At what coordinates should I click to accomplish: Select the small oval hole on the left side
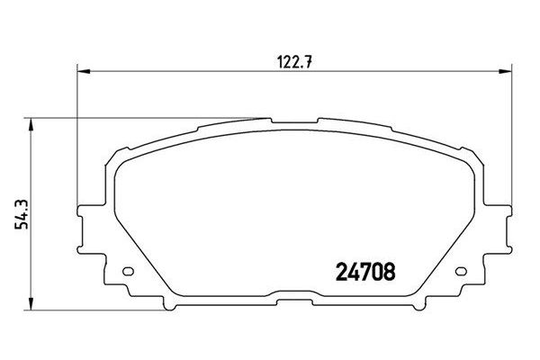127,273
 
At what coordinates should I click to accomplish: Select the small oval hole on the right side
463,273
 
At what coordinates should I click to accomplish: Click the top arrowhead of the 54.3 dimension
34,121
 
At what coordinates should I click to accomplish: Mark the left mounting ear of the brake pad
88,221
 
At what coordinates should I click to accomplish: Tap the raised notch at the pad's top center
295,119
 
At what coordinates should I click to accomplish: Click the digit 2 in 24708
341,269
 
